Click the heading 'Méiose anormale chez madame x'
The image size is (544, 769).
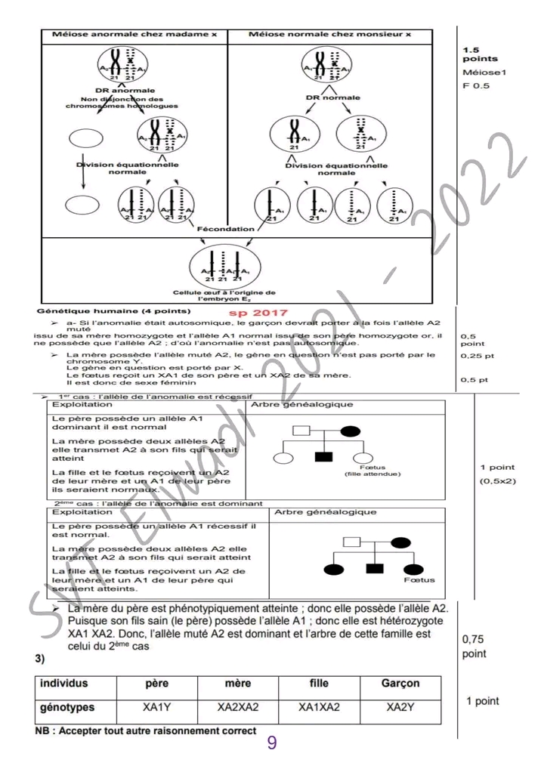click(134, 35)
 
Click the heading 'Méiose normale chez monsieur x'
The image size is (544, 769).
click(330, 35)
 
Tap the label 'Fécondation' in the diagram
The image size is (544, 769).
click(226, 228)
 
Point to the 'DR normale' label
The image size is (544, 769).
click(332, 97)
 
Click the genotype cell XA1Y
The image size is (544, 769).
click(156, 708)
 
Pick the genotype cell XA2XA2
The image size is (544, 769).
click(238, 708)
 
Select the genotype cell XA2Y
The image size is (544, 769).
click(400, 708)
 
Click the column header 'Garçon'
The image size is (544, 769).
click(400, 683)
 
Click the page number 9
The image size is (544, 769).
click(272, 743)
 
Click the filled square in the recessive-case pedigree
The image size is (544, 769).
click(324, 456)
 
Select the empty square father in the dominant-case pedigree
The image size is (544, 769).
click(352, 542)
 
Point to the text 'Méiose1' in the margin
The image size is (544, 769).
click(478, 73)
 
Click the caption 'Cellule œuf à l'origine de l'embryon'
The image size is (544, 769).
click(224, 295)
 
